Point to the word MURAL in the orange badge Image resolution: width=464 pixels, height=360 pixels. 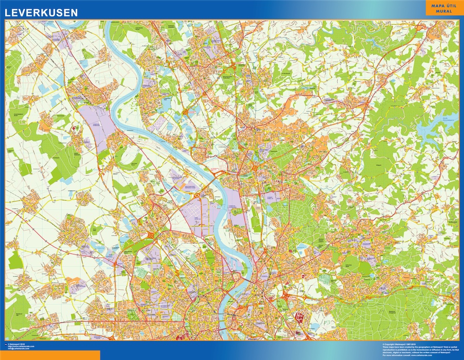click(442, 11)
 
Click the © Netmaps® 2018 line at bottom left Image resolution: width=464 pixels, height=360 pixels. click(20, 344)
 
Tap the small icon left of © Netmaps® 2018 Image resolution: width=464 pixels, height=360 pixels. click(6, 344)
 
